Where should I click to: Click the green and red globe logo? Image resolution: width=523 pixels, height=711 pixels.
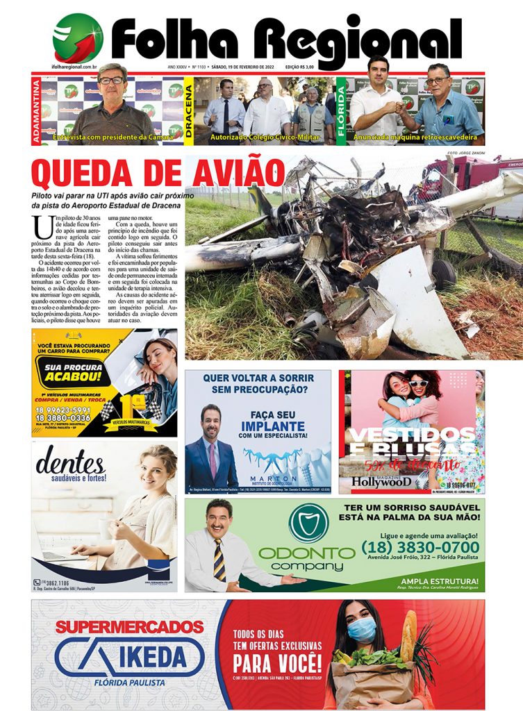[78, 38]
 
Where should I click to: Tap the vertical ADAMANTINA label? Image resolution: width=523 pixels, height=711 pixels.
[36, 111]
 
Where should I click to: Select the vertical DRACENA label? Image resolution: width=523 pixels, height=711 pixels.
[188, 111]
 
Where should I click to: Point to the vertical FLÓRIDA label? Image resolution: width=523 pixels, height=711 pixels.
[341, 111]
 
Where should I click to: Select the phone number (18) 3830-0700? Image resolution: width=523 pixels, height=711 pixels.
[420, 549]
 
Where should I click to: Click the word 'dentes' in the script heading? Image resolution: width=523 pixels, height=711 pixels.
[70, 461]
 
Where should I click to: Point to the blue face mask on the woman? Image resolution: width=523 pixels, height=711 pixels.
[362, 630]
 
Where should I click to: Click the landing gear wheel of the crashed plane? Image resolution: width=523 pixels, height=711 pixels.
[443, 274]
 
